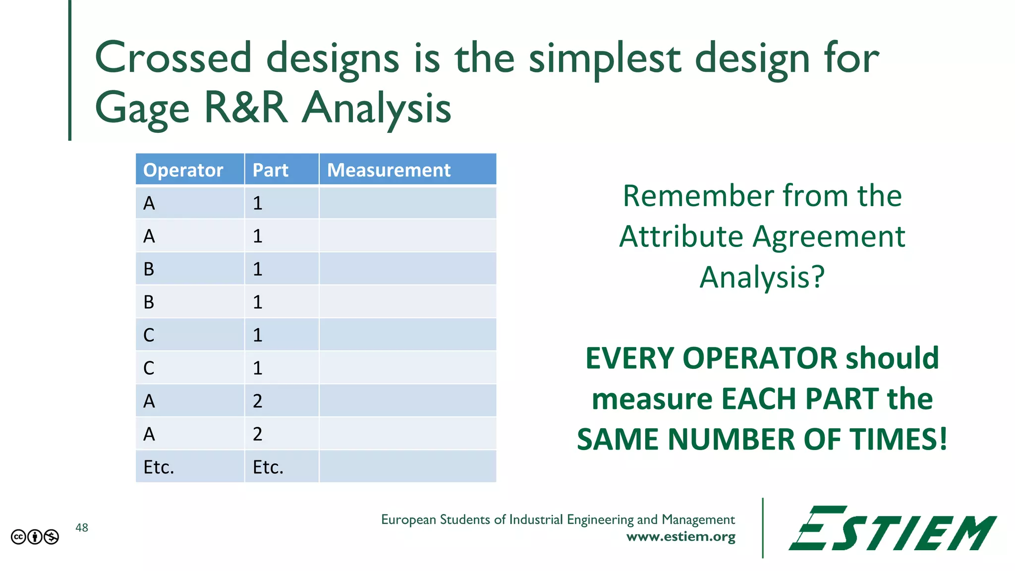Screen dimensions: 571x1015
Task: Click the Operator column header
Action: pos(183,170)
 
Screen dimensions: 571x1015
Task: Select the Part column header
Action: pos(270,170)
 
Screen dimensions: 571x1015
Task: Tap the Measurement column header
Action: pos(389,170)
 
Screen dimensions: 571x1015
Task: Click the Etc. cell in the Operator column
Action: pos(159,467)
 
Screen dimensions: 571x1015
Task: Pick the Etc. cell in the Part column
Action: pos(268,467)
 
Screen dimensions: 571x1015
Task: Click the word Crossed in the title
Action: pos(173,58)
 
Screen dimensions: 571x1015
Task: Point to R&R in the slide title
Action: pos(246,108)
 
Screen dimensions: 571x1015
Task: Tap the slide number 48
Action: pos(82,528)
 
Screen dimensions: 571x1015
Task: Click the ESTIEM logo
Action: pos(892,528)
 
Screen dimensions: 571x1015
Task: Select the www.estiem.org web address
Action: pos(680,537)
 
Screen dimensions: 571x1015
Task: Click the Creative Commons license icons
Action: pos(35,537)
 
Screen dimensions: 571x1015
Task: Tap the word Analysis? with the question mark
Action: pos(762,277)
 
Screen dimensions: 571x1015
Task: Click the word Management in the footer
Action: pos(698,519)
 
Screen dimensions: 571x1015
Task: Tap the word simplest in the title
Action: pos(605,58)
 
